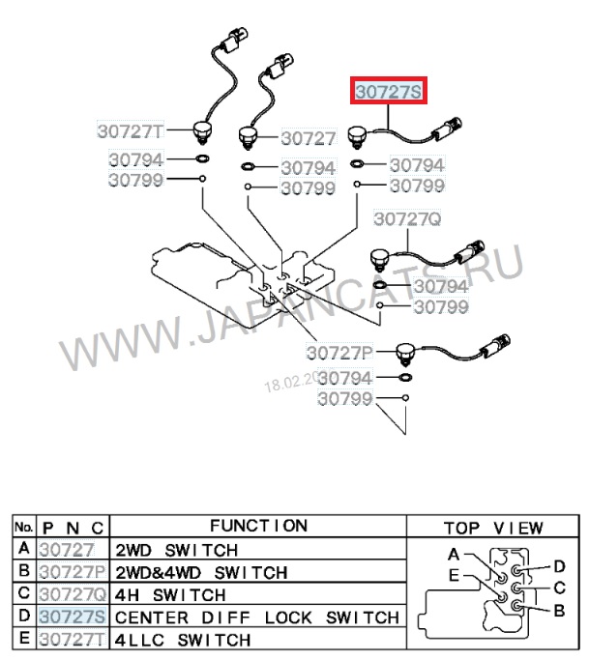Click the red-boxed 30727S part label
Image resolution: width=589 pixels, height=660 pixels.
tap(387, 92)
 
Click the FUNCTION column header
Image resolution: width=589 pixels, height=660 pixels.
tap(258, 527)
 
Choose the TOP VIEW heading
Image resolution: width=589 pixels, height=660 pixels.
tap(492, 529)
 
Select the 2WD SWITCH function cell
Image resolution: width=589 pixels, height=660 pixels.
tap(177, 550)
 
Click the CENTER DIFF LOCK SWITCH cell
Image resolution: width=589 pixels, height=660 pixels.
tap(257, 617)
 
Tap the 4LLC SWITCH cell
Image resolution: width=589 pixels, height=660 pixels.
tap(183, 639)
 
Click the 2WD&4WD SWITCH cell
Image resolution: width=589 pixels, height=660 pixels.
tap(201, 572)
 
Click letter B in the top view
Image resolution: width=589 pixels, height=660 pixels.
tap(559, 611)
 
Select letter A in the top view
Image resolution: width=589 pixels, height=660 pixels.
tap(454, 555)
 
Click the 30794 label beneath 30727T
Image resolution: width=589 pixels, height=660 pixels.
tap(136, 159)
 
